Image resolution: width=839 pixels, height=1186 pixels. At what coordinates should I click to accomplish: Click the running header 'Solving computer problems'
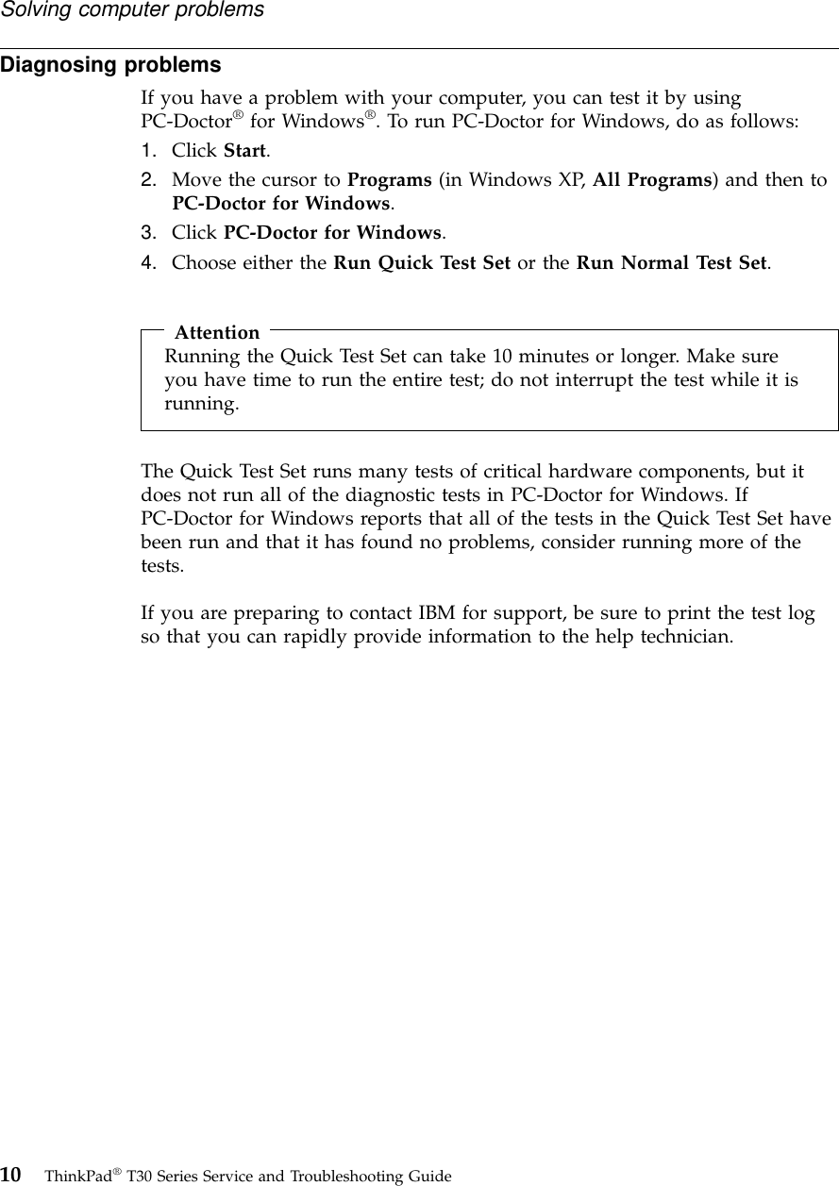132,10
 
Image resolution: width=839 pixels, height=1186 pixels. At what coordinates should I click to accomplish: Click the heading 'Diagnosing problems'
110,66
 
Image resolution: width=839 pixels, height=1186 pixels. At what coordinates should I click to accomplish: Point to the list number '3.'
149,232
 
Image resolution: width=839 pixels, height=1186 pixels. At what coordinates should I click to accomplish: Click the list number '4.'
149,262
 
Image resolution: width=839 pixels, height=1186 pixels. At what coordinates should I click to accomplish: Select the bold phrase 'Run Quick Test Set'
421,262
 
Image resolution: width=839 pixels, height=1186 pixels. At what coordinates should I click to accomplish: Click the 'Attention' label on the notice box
217,332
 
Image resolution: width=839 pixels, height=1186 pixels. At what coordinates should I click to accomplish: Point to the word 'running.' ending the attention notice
201,404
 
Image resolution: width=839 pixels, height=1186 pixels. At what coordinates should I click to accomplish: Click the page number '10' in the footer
12,1175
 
